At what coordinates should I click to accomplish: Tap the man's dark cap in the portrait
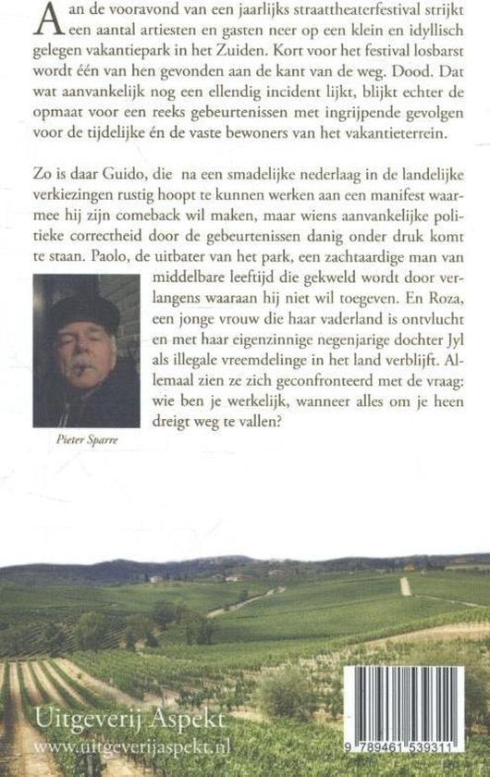[x=86, y=313]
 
